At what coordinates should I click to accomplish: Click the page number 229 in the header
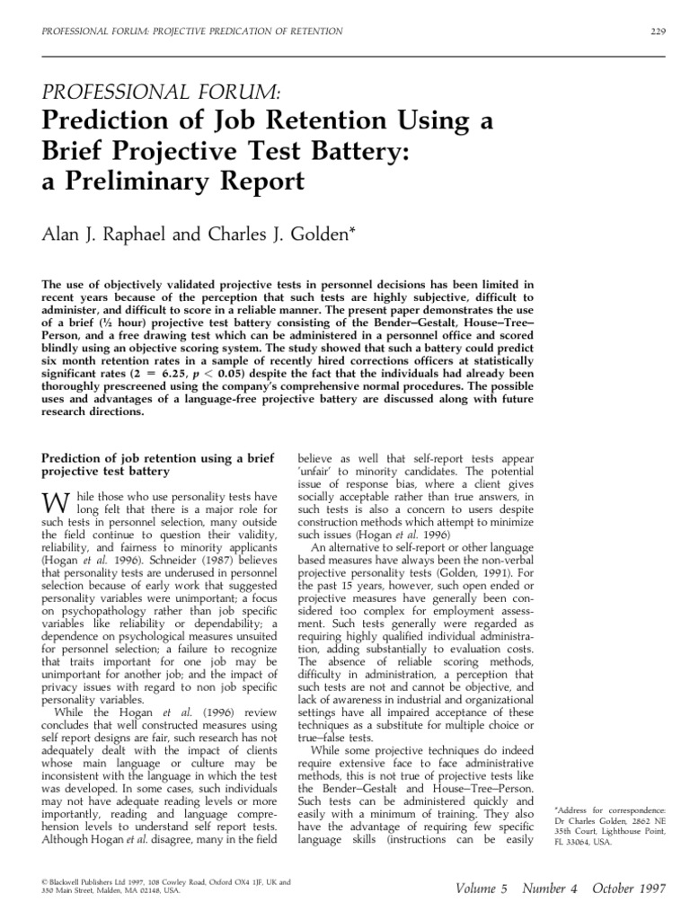tap(656, 32)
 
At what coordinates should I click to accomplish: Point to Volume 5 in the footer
tap(478, 889)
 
